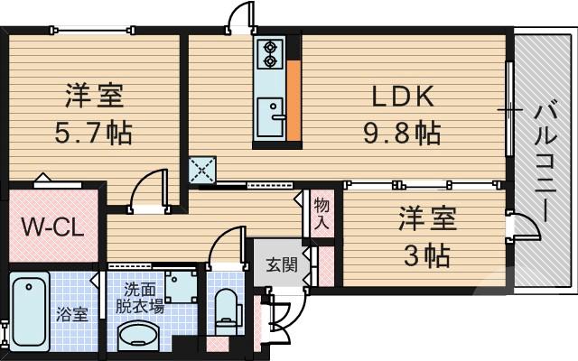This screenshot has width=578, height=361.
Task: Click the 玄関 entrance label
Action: click(x=280, y=264)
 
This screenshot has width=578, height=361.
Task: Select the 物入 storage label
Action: click(x=322, y=214)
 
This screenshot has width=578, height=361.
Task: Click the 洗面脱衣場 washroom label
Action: click(x=144, y=298)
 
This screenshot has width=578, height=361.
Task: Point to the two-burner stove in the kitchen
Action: click(x=269, y=53)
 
